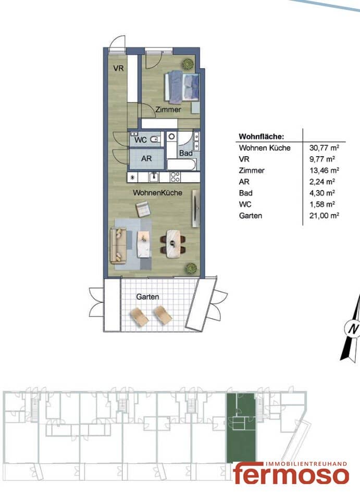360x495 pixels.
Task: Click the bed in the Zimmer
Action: pyautogui.click(x=182, y=87)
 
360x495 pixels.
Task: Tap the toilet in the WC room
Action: pyautogui.click(x=154, y=139)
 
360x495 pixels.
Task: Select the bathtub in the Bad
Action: pyautogui.click(x=181, y=164)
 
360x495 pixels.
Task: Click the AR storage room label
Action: pyautogui.click(x=146, y=158)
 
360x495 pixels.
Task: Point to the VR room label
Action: pyautogui.click(x=119, y=68)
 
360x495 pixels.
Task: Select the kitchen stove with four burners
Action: pyautogui.click(x=175, y=177)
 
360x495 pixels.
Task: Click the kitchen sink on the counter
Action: pyautogui.click(x=154, y=177)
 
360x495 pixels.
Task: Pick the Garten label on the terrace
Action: pyautogui.click(x=147, y=297)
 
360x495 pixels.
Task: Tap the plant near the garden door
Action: pyautogui.click(x=191, y=269)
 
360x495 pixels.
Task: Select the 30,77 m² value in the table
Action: pyautogui.click(x=324, y=147)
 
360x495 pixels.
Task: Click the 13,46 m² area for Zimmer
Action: pyautogui.click(x=324, y=170)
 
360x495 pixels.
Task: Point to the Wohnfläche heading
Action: pyautogui.click(x=262, y=136)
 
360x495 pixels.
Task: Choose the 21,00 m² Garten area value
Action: pyautogui.click(x=324, y=215)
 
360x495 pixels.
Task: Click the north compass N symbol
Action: pyautogui.click(x=352, y=328)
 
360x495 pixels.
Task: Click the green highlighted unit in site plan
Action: pyautogui.click(x=241, y=428)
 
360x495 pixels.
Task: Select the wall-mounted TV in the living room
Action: pyautogui.click(x=196, y=208)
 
